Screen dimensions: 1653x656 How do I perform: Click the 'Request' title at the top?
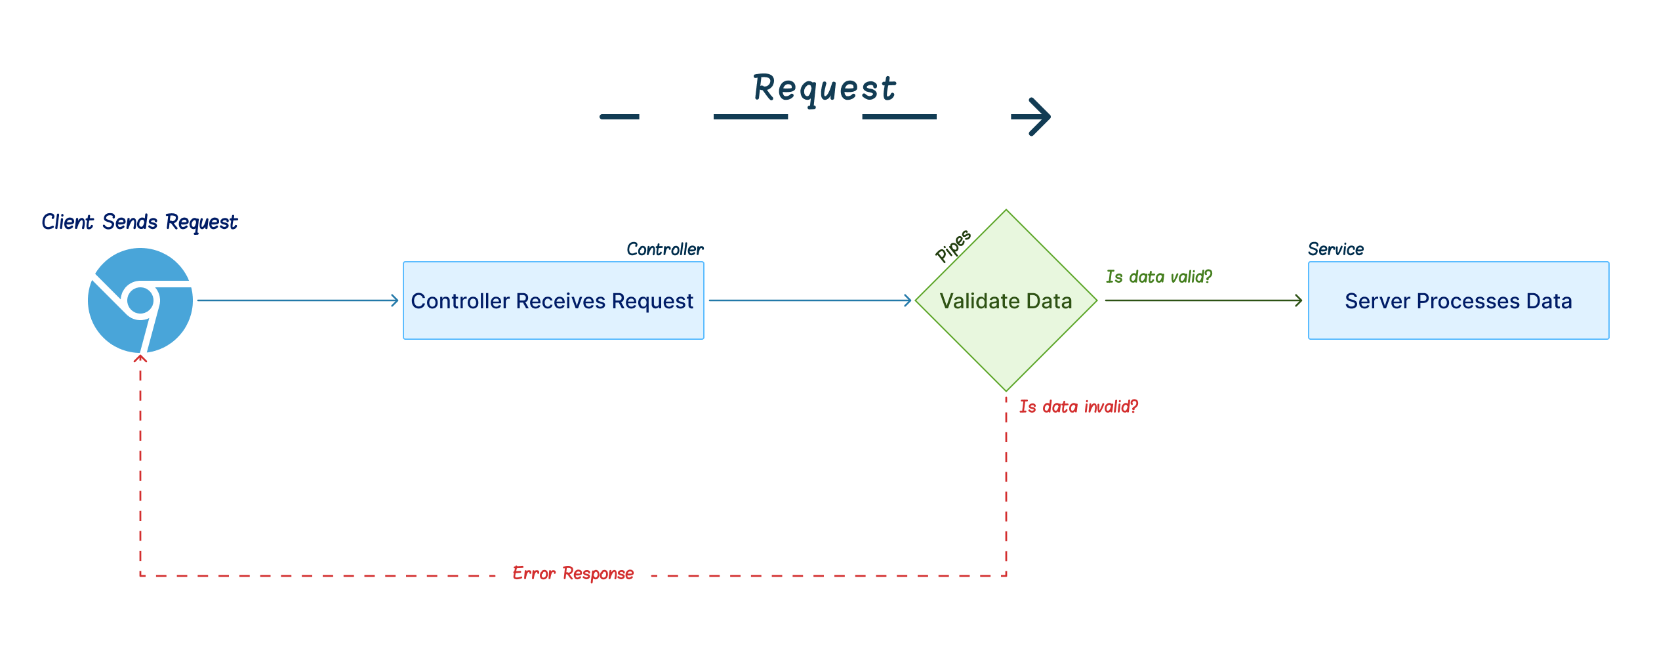click(x=825, y=89)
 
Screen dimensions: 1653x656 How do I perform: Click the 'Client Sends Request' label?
click(x=139, y=222)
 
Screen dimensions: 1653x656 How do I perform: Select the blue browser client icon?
click(x=140, y=300)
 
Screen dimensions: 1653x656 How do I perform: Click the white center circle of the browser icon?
click(x=140, y=300)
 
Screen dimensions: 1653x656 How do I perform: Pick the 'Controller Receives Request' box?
click(x=554, y=300)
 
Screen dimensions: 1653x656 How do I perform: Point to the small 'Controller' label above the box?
click(x=665, y=249)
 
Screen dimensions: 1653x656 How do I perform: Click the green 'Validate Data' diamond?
click(x=1006, y=300)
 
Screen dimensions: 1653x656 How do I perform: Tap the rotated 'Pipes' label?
click(x=953, y=245)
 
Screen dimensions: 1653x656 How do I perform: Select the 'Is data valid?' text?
click(x=1159, y=277)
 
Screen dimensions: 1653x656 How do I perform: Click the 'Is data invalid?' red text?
click(x=1078, y=407)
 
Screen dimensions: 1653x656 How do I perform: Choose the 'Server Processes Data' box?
click(x=1459, y=300)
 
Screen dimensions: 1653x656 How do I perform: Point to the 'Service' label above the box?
click(x=1336, y=249)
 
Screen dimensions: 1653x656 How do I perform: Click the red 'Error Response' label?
click(x=573, y=574)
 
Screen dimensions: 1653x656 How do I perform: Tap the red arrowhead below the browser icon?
click(x=140, y=358)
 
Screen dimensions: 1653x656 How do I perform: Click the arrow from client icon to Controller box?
click(x=298, y=300)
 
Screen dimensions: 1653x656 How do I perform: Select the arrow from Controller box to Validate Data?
click(x=810, y=300)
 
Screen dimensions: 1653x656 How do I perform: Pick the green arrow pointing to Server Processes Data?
click(x=1204, y=300)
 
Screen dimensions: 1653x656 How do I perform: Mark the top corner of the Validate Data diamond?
click(x=1006, y=209)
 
